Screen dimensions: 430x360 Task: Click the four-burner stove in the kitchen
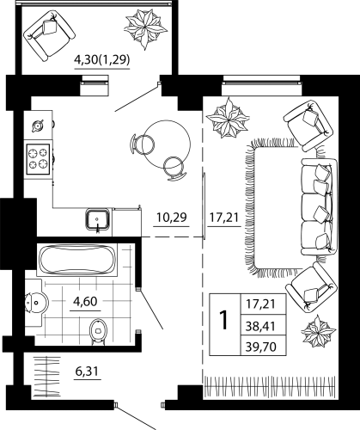pos(39,157)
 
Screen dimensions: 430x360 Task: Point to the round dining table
pos(166,138)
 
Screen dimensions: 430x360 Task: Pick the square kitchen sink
pos(98,219)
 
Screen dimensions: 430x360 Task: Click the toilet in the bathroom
pos(97,329)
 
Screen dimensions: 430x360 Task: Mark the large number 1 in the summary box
pos(223,320)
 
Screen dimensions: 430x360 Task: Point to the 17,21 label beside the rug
pos(223,217)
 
